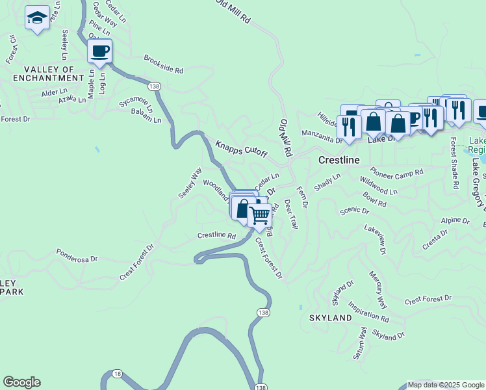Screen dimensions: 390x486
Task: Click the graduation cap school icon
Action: coord(37,18)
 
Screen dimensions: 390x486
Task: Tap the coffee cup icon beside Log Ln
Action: coord(99,51)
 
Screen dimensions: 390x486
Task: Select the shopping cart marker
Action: coord(260,215)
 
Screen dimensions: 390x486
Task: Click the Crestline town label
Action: coord(339,159)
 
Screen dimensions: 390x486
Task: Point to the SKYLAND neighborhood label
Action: coord(331,318)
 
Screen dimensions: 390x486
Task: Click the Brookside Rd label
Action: coord(164,64)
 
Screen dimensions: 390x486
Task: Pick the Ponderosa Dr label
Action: coord(77,254)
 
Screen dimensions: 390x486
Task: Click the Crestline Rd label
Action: coord(216,235)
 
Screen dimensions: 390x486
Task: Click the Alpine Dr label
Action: coord(455,221)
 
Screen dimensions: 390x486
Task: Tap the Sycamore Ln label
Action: coord(136,103)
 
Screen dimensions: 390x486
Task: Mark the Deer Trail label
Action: coord(290,214)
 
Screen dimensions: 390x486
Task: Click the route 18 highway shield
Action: coord(117,373)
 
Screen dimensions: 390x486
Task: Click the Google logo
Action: coord(21,382)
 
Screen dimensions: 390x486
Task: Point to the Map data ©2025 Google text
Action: coord(446,385)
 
